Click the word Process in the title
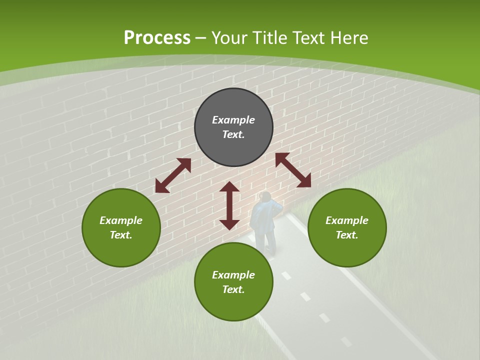[157, 38]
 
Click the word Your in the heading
[230, 38]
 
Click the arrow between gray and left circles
[173, 175]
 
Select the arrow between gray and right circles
[293, 170]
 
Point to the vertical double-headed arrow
[229, 206]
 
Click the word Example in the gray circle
[233, 120]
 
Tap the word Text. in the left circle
[121, 235]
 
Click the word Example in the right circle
[347, 220]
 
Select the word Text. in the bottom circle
[233, 289]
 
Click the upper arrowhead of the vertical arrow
[229, 187]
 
